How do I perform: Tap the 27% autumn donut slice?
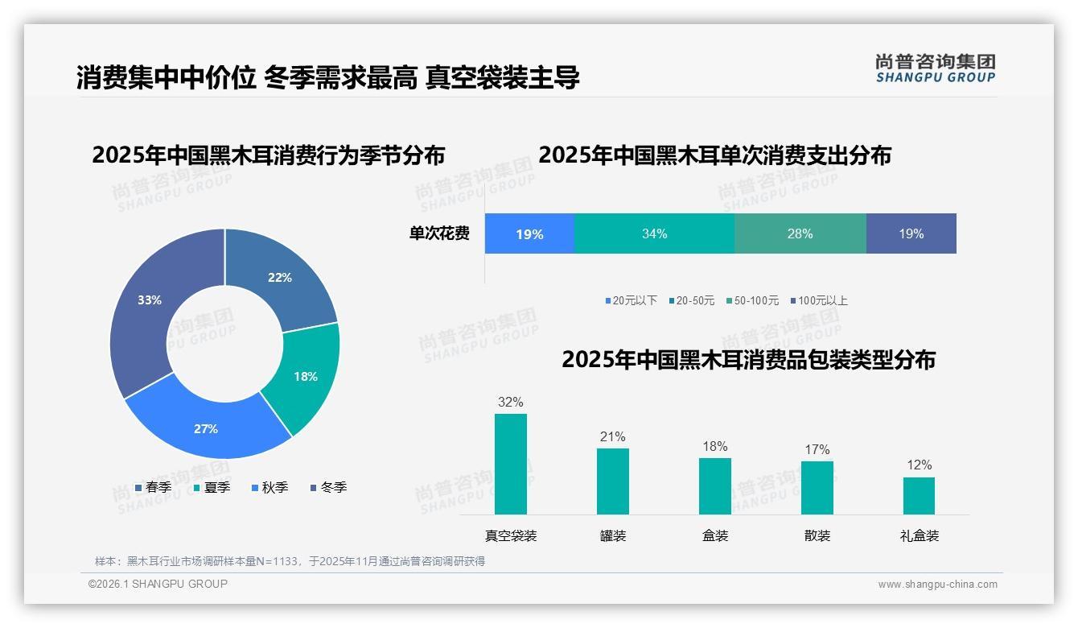pyautogui.click(x=206, y=428)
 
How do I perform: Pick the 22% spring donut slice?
pyautogui.click(x=280, y=278)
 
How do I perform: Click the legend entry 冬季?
pyautogui.click(x=328, y=487)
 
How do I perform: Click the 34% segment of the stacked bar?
pyautogui.click(x=654, y=234)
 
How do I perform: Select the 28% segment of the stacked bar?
pyautogui.click(x=800, y=234)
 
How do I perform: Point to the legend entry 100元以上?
pyautogui.click(x=820, y=300)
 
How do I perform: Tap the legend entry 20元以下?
pyautogui.click(x=632, y=300)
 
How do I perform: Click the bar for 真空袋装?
pyautogui.click(x=510, y=465)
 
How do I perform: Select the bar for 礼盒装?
pyautogui.click(x=919, y=496)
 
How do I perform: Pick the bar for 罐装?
pyautogui.click(x=612, y=481)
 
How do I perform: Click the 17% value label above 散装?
pyautogui.click(x=817, y=449)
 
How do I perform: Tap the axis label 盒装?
pyautogui.click(x=714, y=535)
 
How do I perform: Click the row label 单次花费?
pyautogui.click(x=439, y=234)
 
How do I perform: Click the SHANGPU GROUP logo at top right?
pyautogui.click(x=936, y=68)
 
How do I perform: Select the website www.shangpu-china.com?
pyautogui.click(x=937, y=584)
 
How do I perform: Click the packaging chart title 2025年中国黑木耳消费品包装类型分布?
pyautogui.click(x=748, y=360)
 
